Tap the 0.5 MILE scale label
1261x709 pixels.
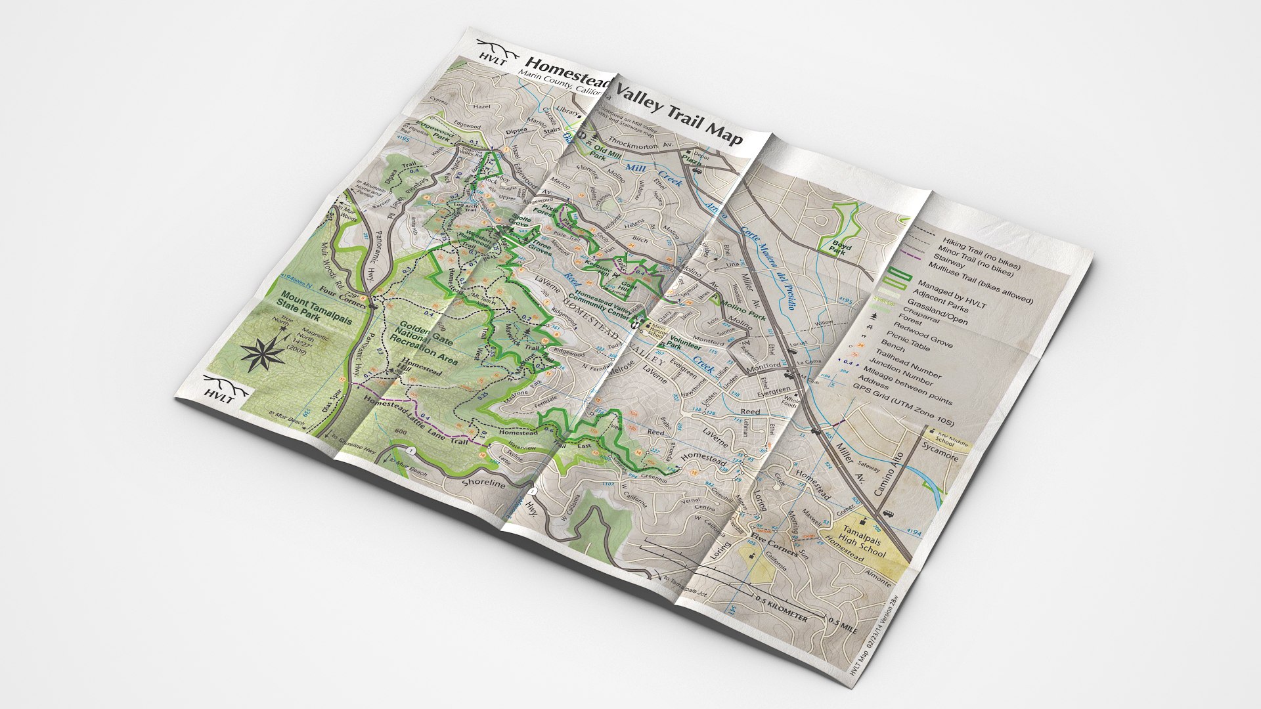843,626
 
